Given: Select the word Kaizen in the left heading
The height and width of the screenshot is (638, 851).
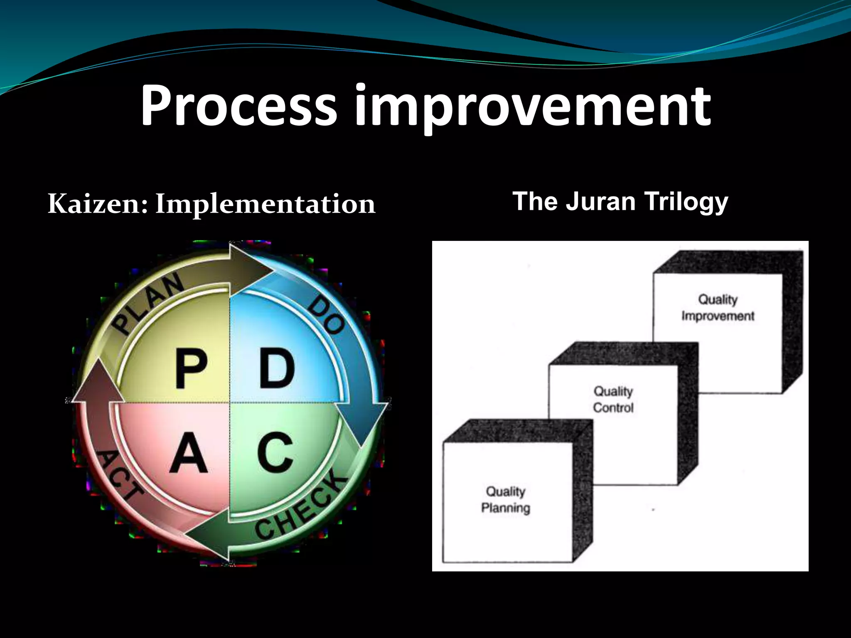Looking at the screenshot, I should (97, 204).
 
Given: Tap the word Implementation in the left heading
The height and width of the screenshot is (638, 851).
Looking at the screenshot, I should (265, 205).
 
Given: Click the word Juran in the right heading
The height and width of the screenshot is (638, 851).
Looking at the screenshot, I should (600, 201).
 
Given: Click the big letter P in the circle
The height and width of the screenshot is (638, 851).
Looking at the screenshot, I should (191, 369).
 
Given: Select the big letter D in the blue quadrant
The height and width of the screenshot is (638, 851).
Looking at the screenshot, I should (277, 368).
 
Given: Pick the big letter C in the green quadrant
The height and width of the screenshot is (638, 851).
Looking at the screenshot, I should (275, 453).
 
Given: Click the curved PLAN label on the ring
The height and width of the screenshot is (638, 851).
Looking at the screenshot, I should (149, 303).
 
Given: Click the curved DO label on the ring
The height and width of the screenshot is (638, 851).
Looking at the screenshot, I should (327, 314).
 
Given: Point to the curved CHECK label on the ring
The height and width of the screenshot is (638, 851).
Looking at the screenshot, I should (301, 507).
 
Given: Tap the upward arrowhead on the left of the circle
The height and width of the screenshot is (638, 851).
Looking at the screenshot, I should (97, 382).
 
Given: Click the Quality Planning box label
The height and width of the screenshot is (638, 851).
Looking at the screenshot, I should (505, 500).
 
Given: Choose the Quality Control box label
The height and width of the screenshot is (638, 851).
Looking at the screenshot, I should (613, 399).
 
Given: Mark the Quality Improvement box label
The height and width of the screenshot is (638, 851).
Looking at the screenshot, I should (718, 307).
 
